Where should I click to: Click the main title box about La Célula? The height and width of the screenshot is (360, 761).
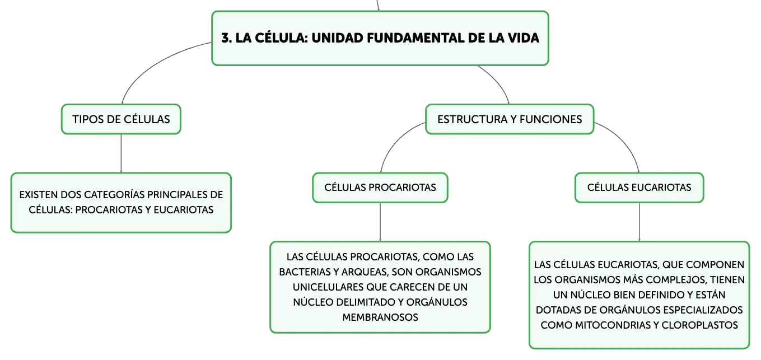pos(380,38)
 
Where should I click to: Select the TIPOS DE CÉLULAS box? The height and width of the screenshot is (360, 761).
pos(121,119)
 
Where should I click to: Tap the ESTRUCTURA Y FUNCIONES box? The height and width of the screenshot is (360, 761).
pos(510,119)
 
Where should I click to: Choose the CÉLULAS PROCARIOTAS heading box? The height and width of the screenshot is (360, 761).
pos(380,188)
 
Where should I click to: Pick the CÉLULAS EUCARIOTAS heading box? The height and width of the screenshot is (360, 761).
pos(639,188)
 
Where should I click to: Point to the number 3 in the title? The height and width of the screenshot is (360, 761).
pos(226,38)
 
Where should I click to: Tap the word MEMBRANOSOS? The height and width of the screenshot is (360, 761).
pos(380,317)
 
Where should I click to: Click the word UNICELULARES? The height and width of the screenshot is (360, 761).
pos(328,287)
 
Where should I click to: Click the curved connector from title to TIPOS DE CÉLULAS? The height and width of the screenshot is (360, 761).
pos(153,63)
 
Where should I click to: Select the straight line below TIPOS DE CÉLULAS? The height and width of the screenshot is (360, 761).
pos(121,153)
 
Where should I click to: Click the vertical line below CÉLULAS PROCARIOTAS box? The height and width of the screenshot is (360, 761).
pos(380,222)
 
